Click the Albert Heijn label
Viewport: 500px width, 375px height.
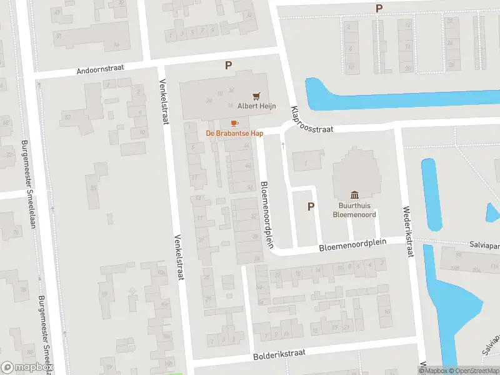click(256, 106)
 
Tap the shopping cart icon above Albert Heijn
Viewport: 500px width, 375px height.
click(256, 96)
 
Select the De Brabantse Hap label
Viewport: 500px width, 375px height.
click(234, 133)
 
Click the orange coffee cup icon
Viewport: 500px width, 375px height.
click(234, 123)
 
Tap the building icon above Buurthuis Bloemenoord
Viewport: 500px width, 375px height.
click(355, 194)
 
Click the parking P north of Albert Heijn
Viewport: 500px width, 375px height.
click(229, 65)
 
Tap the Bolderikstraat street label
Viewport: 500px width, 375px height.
click(279, 354)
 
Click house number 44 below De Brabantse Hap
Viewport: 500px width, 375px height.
click(247, 146)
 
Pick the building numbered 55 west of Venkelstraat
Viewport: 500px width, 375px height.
click(94, 187)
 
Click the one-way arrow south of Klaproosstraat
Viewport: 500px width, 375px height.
click(283, 146)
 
